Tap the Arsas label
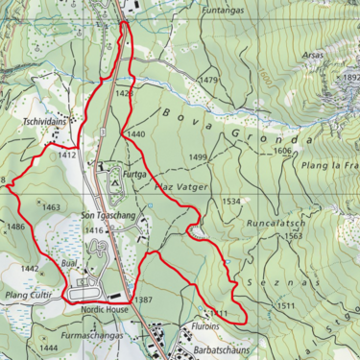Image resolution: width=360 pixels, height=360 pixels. (x=311, y=56)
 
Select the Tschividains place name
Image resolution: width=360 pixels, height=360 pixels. (x=45, y=123)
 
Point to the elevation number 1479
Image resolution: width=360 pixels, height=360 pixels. (x=208, y=79)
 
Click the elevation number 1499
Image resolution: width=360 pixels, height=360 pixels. (x=199, y=156)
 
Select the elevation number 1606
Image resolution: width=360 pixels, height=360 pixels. (x=281, y=151)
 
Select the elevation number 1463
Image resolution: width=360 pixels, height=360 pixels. (x=51, y=206)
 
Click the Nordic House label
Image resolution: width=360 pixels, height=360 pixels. (x=104, y=310)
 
